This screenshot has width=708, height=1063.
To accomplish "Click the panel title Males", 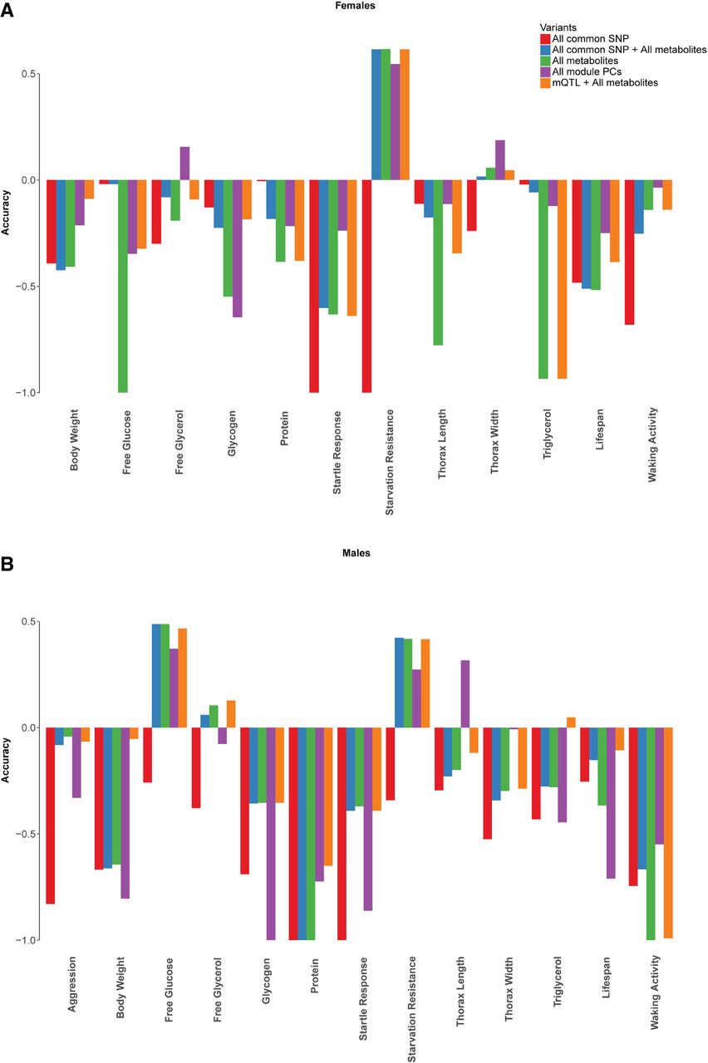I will click(x=358, y=552).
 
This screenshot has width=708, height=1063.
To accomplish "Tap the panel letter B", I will click(x=7, y=564).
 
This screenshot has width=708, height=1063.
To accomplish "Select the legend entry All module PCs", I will click(x=587, y=72).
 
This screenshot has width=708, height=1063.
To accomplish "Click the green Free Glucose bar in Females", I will click(x=123, y=286).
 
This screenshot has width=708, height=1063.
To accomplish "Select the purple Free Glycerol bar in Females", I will click(x=184, y=164).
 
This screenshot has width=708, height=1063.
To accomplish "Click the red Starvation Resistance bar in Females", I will click(x=366, y=286).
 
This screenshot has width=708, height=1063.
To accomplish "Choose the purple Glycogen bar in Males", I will click(x=270, y=833).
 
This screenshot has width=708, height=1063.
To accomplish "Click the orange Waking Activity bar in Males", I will click(x=667, y=832).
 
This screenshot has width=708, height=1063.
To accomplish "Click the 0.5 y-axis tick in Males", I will click(x=27, y=622).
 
